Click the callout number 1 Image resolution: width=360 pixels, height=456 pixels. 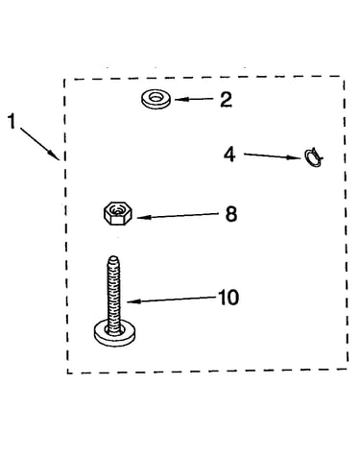point(12,122)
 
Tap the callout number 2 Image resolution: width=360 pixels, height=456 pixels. point(226,100)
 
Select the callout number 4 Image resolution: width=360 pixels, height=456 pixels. point(229,155)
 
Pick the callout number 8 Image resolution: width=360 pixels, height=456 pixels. point(231,214)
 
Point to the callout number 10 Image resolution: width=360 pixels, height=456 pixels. point(228,298)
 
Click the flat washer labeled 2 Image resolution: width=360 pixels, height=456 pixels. point(156,99)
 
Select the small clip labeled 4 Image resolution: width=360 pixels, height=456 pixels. point(314,157)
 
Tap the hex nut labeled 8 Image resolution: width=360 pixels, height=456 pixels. point(118,213)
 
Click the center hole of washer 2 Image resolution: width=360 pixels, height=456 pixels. point(156,97)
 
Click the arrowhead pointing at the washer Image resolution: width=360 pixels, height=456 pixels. point(180,100)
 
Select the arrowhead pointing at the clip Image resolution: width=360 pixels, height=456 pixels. point(295,157)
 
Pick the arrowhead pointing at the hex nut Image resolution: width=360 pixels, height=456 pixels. point(143,217)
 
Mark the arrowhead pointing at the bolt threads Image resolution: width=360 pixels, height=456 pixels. point(133,301)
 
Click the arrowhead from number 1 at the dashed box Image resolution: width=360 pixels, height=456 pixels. point(55,155)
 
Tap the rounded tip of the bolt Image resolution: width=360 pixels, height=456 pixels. point(113,258)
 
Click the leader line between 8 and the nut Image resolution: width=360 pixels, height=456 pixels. point(180,215)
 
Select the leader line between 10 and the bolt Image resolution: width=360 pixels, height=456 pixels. point(172,300)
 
